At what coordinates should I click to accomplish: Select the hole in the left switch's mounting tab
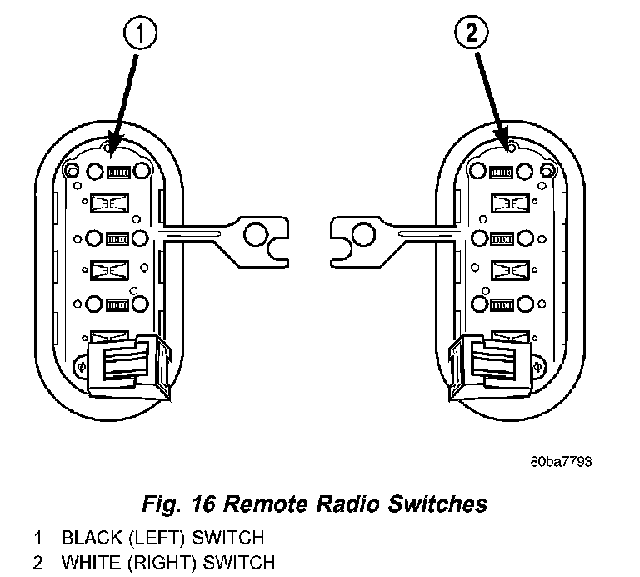(x=256, y=234)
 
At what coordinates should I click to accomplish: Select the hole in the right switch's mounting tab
(x=363, y=234)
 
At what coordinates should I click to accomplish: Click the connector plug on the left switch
(x=129, y=366)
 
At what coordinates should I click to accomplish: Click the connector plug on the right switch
(x=490, y=366)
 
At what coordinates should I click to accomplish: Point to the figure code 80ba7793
(x=561, y=461)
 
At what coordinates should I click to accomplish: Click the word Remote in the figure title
(x=267, y=504)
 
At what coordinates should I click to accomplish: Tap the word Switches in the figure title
(x=437, y=504)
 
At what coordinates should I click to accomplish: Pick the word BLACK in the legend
(x=92, y=537)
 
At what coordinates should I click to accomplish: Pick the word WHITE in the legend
(x=92, y=562)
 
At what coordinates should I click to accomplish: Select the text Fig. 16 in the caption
(x=178, y=504)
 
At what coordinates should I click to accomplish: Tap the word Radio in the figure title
(x=349, y=504)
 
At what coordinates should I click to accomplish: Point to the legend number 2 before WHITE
(x=38, y=563)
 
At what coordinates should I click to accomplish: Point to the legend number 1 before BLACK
(x=38, y=538)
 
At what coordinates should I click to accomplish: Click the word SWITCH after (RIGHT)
(x=239, y=562)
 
